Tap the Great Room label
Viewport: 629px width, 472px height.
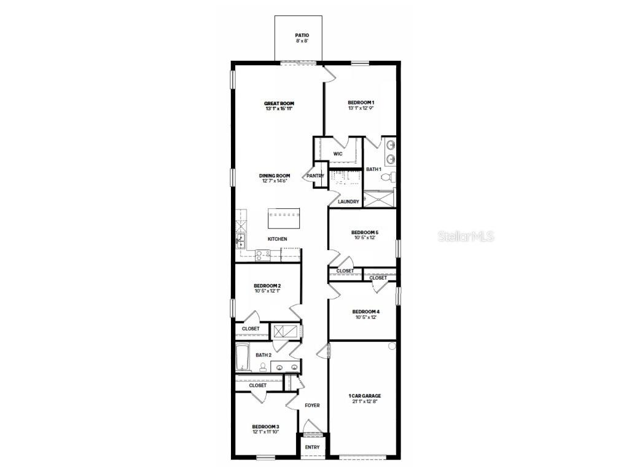pos(279,103)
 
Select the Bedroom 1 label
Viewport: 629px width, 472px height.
pos(361,103)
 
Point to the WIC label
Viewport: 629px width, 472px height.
pos(338,154)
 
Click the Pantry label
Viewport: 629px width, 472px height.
pos(315,176)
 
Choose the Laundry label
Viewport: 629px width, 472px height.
pos(348,202)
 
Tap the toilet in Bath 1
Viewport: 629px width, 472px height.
pos(387,177)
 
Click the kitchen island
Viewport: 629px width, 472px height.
pos(284,216)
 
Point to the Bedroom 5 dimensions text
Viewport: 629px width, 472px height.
pos(364,238)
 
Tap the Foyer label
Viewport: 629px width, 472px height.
pos(312,406)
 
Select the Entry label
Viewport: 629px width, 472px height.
pos(312,447)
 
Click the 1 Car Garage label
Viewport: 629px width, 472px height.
pos(365,396)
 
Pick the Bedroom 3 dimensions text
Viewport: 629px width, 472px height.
pos(265,432)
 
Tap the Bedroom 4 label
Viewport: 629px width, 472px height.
pos(365,312)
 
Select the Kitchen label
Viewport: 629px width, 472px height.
pos(277,239)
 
